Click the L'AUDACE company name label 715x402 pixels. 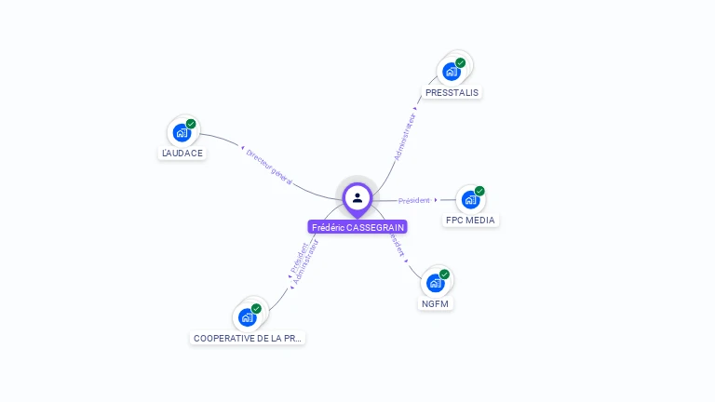(182, 153)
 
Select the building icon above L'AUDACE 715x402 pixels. (182, 132)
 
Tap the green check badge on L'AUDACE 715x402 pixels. (191, 124)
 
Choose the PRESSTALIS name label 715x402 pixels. (452, 93)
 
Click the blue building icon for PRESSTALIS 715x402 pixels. (452, 72)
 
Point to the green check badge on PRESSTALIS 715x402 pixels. (461, 63)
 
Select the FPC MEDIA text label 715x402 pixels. (470, 221)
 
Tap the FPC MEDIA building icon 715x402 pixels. (471, 199)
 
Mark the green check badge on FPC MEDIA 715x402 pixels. (479, 191)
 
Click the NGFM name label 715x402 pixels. (436, 303)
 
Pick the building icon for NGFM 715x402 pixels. (435, 283)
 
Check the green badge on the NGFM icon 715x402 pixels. (444, 275)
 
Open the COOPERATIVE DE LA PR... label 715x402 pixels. (248, 338)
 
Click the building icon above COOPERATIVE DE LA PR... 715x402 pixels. (247, 317)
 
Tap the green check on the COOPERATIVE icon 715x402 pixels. (256, 309)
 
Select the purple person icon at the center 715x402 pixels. (357, 197)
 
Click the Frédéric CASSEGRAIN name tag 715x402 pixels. (357, 227)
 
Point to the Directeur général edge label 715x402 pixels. (269, 166)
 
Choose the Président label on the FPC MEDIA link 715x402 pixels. (414, 200)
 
